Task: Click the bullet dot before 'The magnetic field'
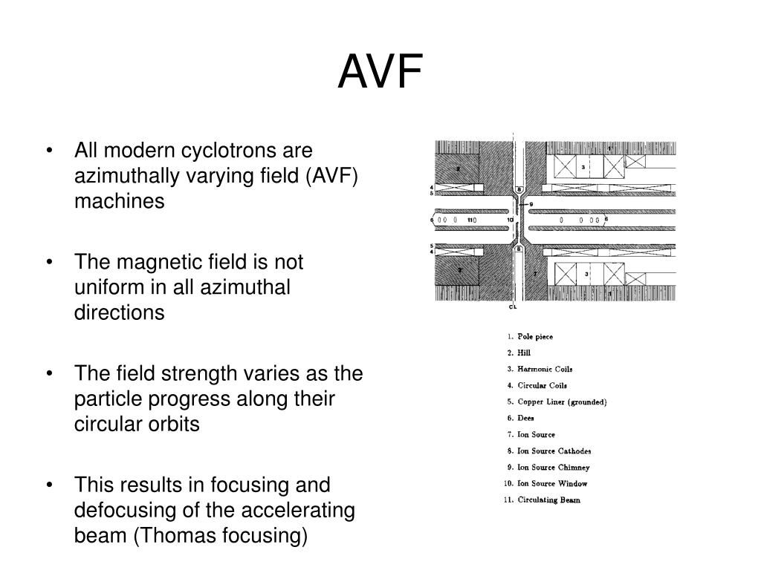click(x=49, y=262)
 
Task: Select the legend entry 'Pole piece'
click(x=535, y=336)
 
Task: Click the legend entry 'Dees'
click(x=525, y=418)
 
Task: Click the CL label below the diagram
click(x=513, y=306)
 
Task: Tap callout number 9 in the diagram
click(x=531, y=203)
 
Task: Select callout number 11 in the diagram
click(x=470, y=220)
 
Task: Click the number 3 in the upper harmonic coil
click(x=583, y=168)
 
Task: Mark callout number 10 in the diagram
click(x=510, y=220)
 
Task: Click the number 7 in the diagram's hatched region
click(x=534, y=274)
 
